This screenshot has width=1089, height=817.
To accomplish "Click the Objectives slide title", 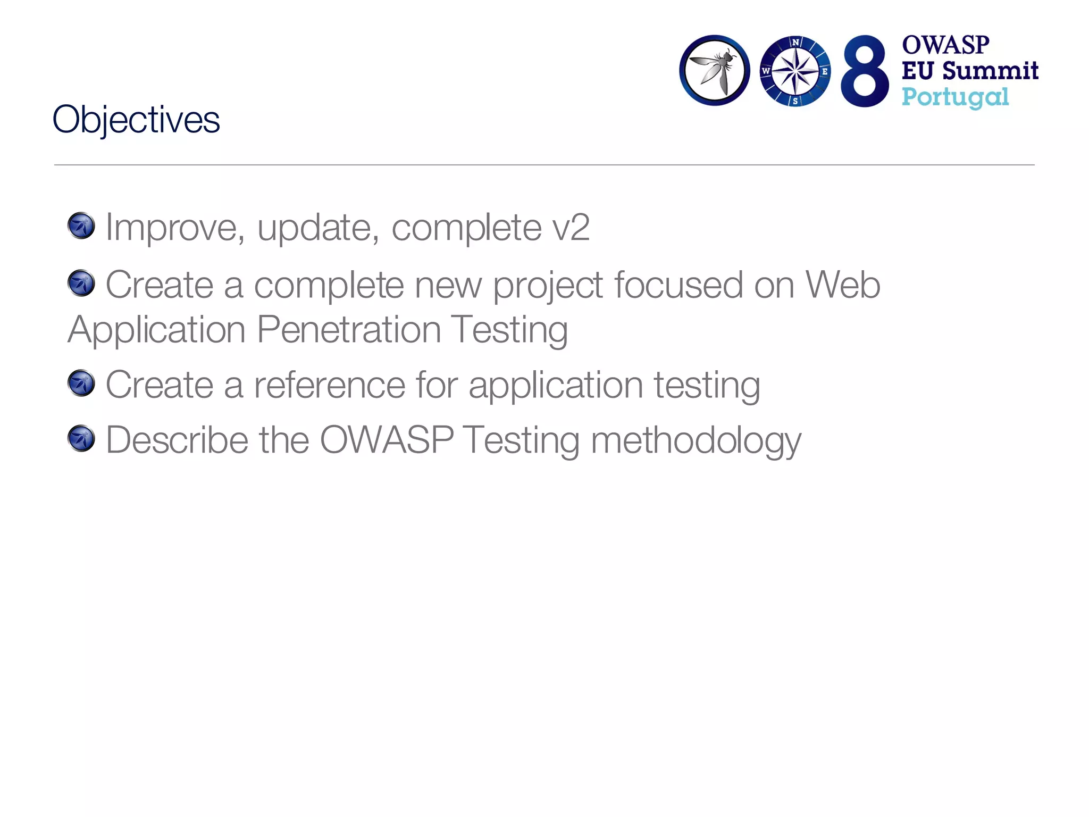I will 136,120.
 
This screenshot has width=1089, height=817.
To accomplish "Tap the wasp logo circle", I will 714,70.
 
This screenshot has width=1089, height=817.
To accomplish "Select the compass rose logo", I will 795,71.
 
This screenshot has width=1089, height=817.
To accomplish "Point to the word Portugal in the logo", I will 955,98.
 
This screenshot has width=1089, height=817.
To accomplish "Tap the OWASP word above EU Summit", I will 945,45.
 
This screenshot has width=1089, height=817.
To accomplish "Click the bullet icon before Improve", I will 81,226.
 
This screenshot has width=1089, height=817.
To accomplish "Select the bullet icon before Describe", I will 81,439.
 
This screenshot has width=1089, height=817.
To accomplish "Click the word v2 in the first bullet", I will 571,228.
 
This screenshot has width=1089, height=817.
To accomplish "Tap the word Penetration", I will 349,330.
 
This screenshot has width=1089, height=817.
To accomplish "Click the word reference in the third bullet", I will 330,385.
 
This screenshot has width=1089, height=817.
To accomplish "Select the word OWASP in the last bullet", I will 387,440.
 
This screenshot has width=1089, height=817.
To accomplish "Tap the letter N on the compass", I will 795,43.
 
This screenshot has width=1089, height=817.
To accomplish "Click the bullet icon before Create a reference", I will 81,384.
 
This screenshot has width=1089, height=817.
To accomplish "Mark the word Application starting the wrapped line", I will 157,330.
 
